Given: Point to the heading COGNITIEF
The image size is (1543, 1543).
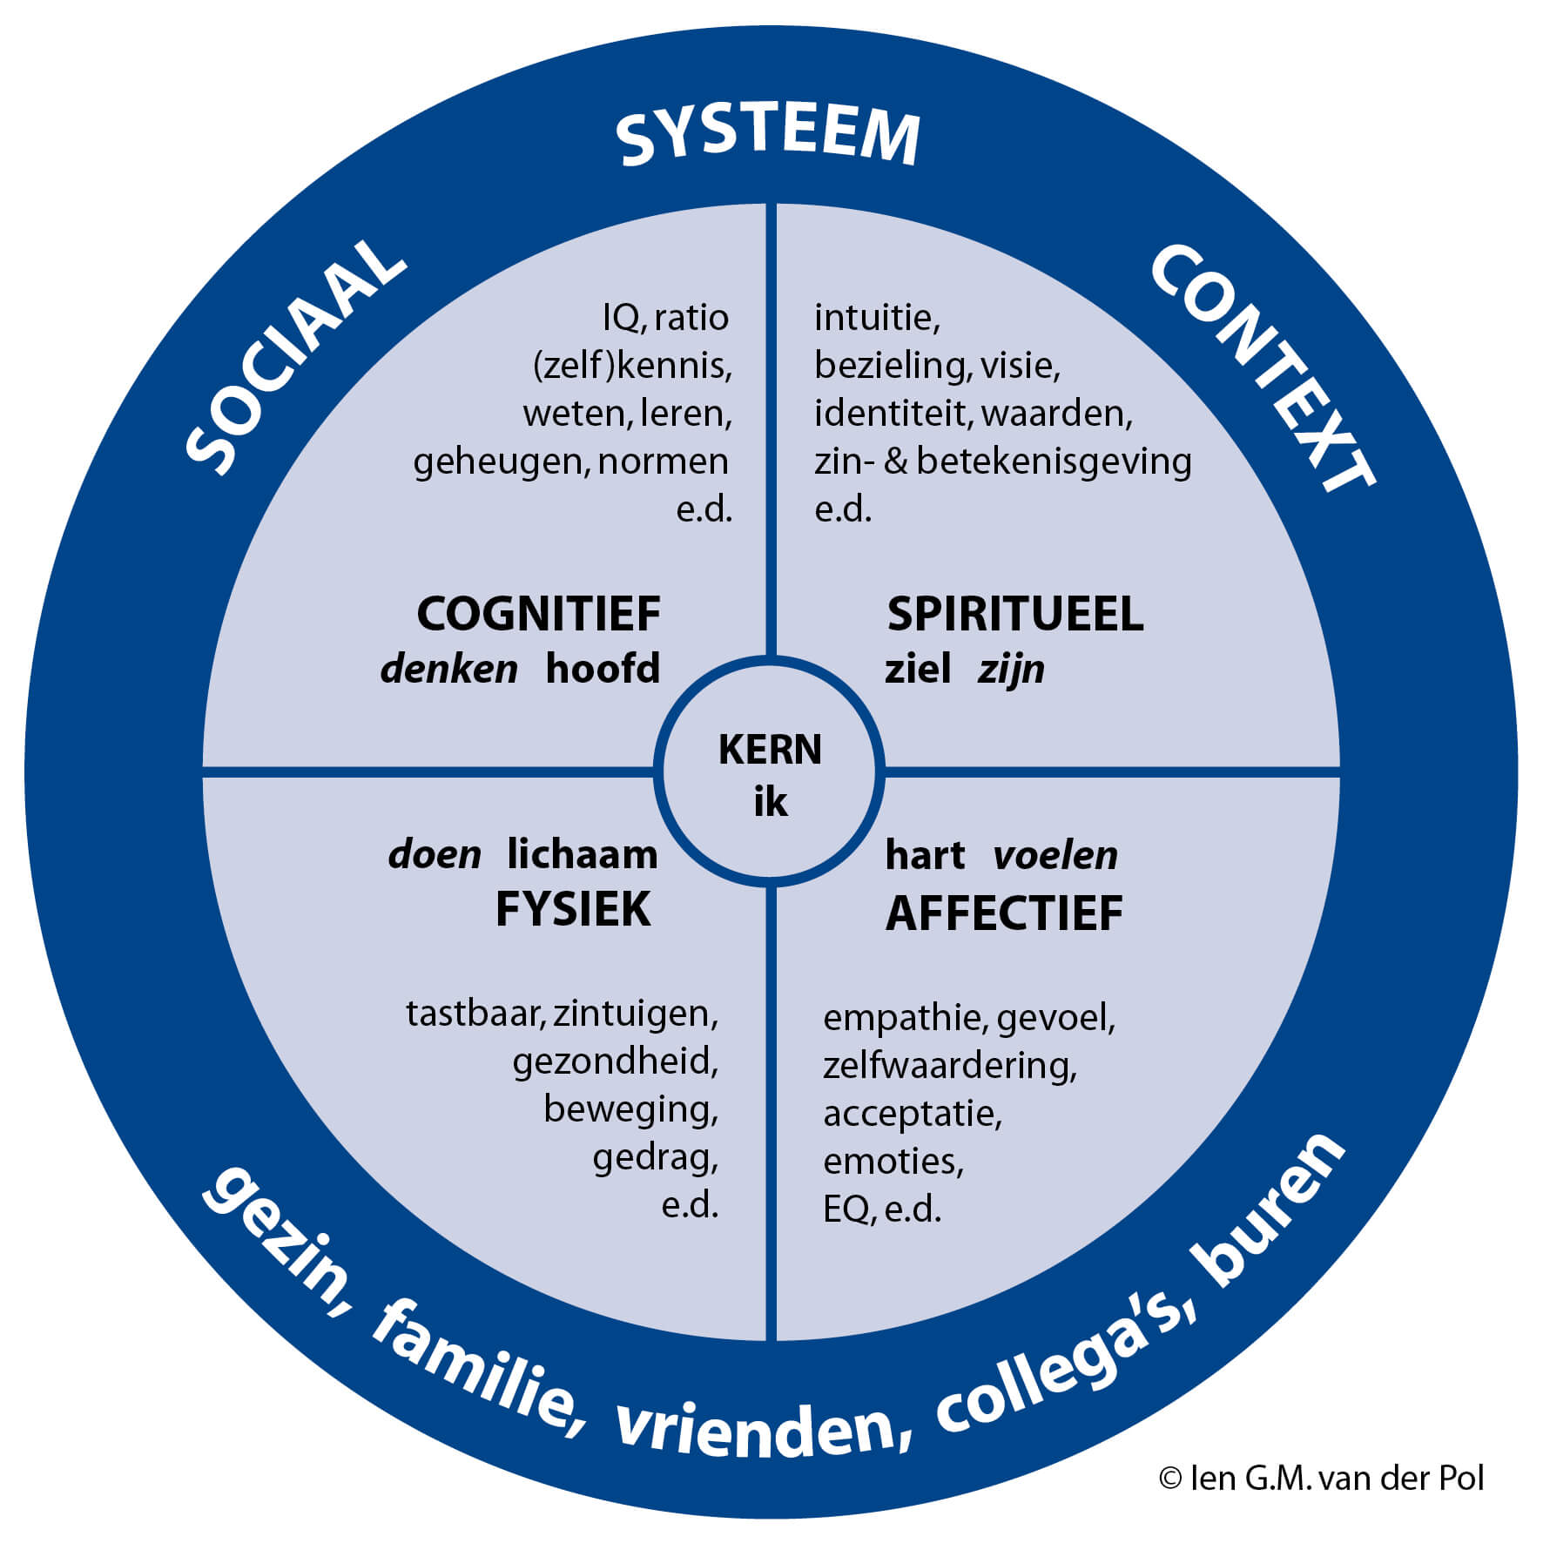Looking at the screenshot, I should click(x=538, y=614).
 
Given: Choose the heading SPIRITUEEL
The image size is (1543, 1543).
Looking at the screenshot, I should click(x=1014, y=614).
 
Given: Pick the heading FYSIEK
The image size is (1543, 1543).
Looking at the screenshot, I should click(x=573, y=910).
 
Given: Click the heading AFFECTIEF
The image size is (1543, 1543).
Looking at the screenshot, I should click(x=1004, y=913).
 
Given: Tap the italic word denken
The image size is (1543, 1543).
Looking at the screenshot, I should click(x=449, y=669).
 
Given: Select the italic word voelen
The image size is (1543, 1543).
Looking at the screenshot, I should click(x=1055, y=855).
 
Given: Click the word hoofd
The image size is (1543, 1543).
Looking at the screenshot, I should click(x=603, y=669).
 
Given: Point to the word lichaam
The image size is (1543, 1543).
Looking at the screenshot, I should click(x=583, y=854).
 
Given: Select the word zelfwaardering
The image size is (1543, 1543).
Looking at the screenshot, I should click(x=949, y=1066).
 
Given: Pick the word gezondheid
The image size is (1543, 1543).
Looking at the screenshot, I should click(x=615, y=1062).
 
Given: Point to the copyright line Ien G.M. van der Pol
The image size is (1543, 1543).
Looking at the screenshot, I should click(x=1321, y=1478).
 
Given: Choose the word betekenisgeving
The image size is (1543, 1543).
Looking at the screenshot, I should click(x=1054, y=462).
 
